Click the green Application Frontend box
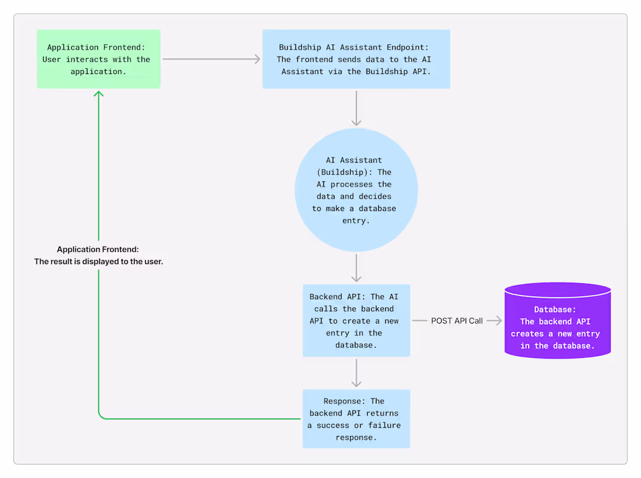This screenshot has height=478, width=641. click(x=98, y=59)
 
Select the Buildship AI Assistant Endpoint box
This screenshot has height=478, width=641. click(x=356, y=59)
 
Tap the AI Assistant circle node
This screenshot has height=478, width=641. click(x=356, y=190)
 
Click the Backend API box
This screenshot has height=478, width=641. click(x=356, y=321)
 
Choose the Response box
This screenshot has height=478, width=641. click(x=356, y=419)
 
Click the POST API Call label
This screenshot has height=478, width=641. click(x=457, y=321)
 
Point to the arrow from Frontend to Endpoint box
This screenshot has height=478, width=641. click(x=211, y=59)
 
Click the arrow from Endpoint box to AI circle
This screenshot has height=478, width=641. click(x=356, y=108)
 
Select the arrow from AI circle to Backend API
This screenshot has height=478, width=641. click(x=356, y=268)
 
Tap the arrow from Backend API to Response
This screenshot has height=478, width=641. click(x=356, y=373)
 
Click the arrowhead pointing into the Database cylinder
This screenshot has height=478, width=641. click(x=498, y=321)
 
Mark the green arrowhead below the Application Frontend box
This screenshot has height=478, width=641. click(x=98, y=94)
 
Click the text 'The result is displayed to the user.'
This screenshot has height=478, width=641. click(x=98, y=262)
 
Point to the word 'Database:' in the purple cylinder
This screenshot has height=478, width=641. click(x=555, y=310)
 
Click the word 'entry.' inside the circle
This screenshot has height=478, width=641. click(x=355, y=221)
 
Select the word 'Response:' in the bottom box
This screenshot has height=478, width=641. click(x=344, y=401)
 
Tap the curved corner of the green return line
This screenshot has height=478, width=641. click(x=101, y=416)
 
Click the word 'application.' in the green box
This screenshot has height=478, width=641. click(x=98, y=72)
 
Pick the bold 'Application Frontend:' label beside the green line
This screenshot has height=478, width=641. click(x=98, y=249)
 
